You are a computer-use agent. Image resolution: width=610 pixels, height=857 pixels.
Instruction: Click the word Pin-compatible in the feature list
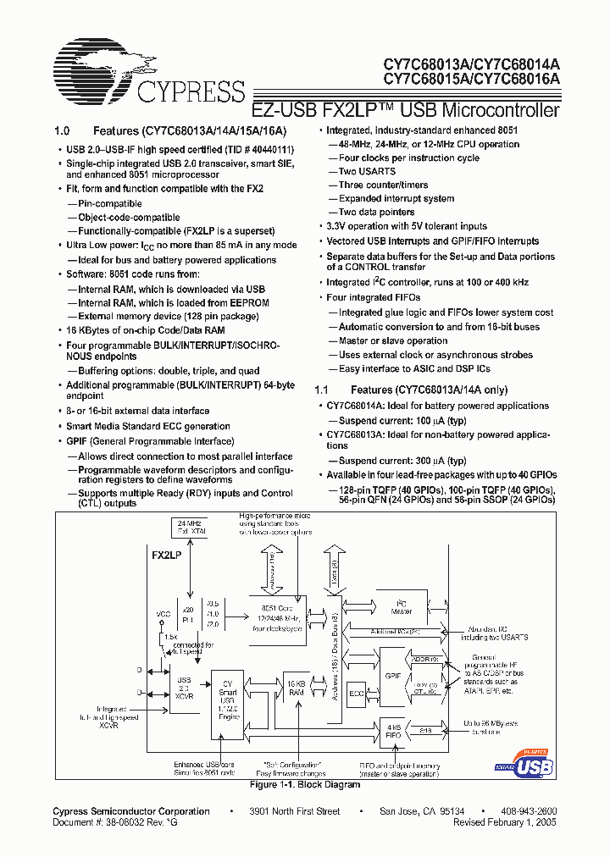click(x=110, y=203)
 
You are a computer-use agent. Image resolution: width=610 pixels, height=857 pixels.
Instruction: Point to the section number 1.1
click(x=321, y=390)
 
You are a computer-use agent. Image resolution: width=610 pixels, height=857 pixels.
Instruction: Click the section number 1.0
click(x=61, y=131)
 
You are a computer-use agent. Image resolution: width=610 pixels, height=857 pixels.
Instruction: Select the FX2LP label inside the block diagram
click(x=167, y=556)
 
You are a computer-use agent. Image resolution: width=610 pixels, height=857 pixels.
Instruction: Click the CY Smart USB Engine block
click(x=227, y=698)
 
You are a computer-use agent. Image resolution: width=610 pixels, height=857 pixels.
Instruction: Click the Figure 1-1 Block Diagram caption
click(x=305, y=785)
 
